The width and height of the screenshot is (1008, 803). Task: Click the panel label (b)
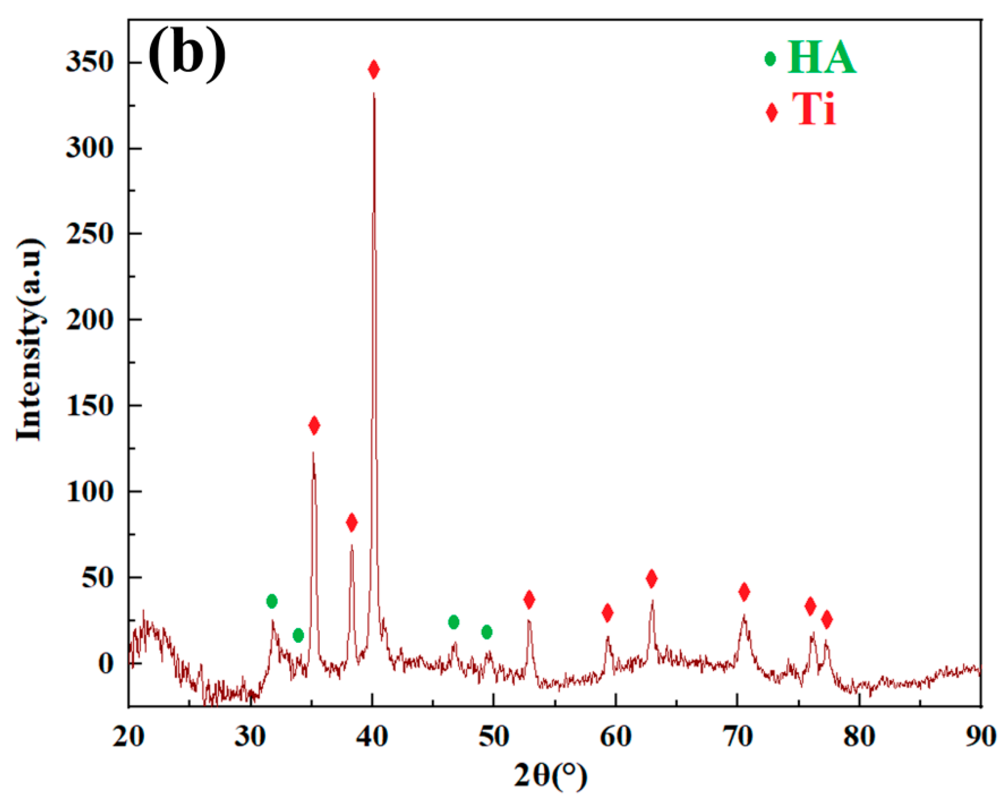coord(187,55)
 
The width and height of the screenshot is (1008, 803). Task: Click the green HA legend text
coord(822,59)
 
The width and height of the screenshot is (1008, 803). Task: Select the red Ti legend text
coord(814,109)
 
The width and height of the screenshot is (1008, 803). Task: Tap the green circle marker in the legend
coord(770,59)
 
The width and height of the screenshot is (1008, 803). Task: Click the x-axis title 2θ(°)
coord(550,776)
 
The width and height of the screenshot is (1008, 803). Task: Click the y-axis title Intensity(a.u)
coord(30,340)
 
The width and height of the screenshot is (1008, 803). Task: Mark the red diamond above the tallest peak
coord(373,70)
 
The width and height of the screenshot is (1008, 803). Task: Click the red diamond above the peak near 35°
coord(314,425)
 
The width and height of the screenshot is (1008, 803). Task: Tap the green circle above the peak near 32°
coord(272,601)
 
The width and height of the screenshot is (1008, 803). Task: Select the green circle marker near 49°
coord(487,632)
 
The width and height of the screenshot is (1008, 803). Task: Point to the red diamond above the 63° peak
coord(652,579)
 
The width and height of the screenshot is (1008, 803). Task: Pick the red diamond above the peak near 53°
coord(529,599)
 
